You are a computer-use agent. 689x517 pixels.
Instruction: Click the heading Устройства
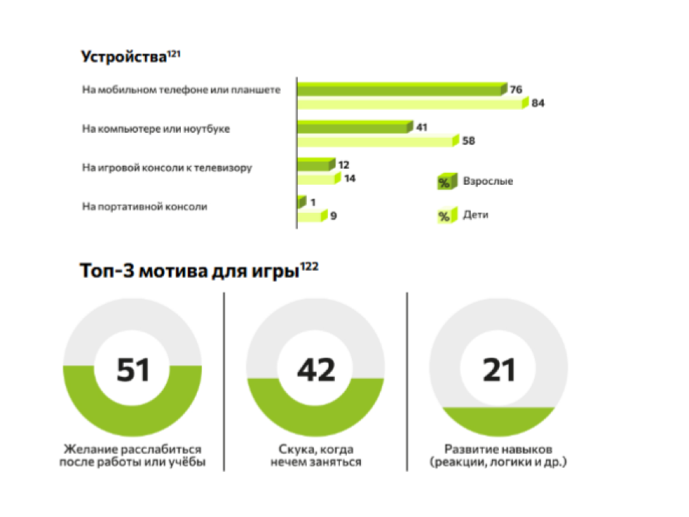tap(124, 57)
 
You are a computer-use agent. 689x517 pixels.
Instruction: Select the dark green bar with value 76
tap(401, 89)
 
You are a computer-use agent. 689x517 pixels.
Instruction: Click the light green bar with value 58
tap(377, 141)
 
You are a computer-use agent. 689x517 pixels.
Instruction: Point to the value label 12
tap(344, 165)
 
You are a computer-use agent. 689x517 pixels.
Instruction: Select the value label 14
tap(349, 179)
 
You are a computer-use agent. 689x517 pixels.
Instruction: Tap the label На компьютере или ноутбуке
tap(156, 129)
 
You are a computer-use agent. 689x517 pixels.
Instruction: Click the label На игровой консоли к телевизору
tap(167, 168)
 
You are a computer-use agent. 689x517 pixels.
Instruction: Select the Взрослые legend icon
tap(444, 182)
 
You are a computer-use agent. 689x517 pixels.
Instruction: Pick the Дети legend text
tap(475, 215)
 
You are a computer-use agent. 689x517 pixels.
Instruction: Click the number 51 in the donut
tap(133, 370)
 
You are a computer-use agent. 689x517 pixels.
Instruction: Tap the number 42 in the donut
tap(316, 370)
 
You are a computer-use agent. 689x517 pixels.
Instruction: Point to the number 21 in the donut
tap(499, 370)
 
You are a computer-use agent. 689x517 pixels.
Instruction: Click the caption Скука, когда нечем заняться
tap(315, 455)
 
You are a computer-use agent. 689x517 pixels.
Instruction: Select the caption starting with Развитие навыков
tap(498, 455)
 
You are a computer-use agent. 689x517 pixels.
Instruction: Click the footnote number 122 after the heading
tap(309, 266)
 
